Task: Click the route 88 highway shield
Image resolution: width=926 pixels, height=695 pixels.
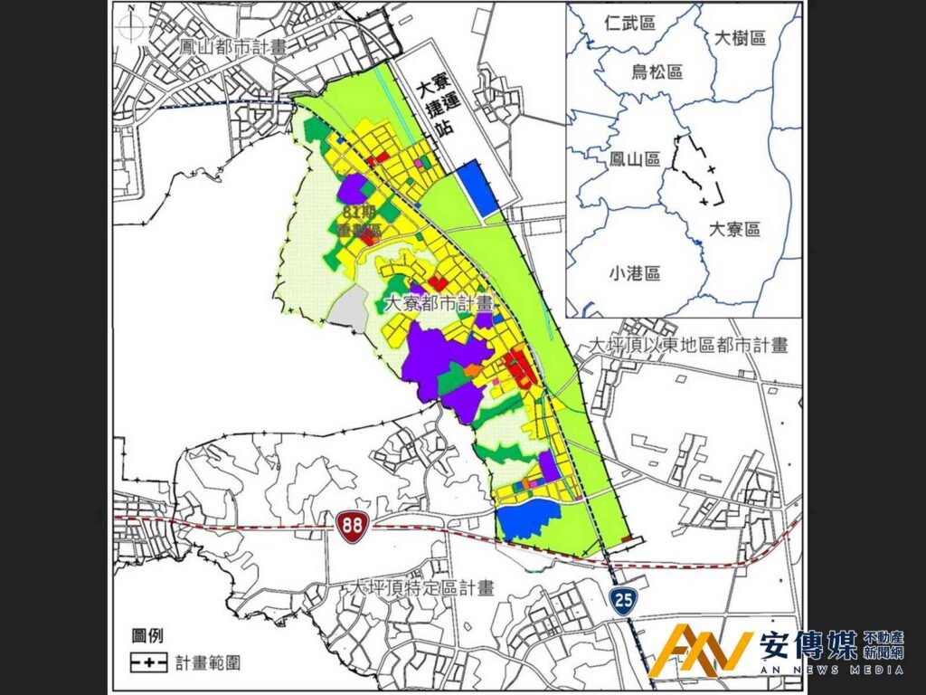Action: [349, 525]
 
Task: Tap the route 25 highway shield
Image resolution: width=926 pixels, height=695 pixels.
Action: [621, 599]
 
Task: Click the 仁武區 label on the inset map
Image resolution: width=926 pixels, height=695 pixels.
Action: [632, 23]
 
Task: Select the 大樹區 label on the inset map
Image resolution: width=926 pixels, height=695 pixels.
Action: [740, 38]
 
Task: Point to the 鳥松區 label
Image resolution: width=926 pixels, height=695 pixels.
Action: [657, 72]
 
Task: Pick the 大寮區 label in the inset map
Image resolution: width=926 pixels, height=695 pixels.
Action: [734, 229]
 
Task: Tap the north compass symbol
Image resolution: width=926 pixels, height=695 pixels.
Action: [133, 27]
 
